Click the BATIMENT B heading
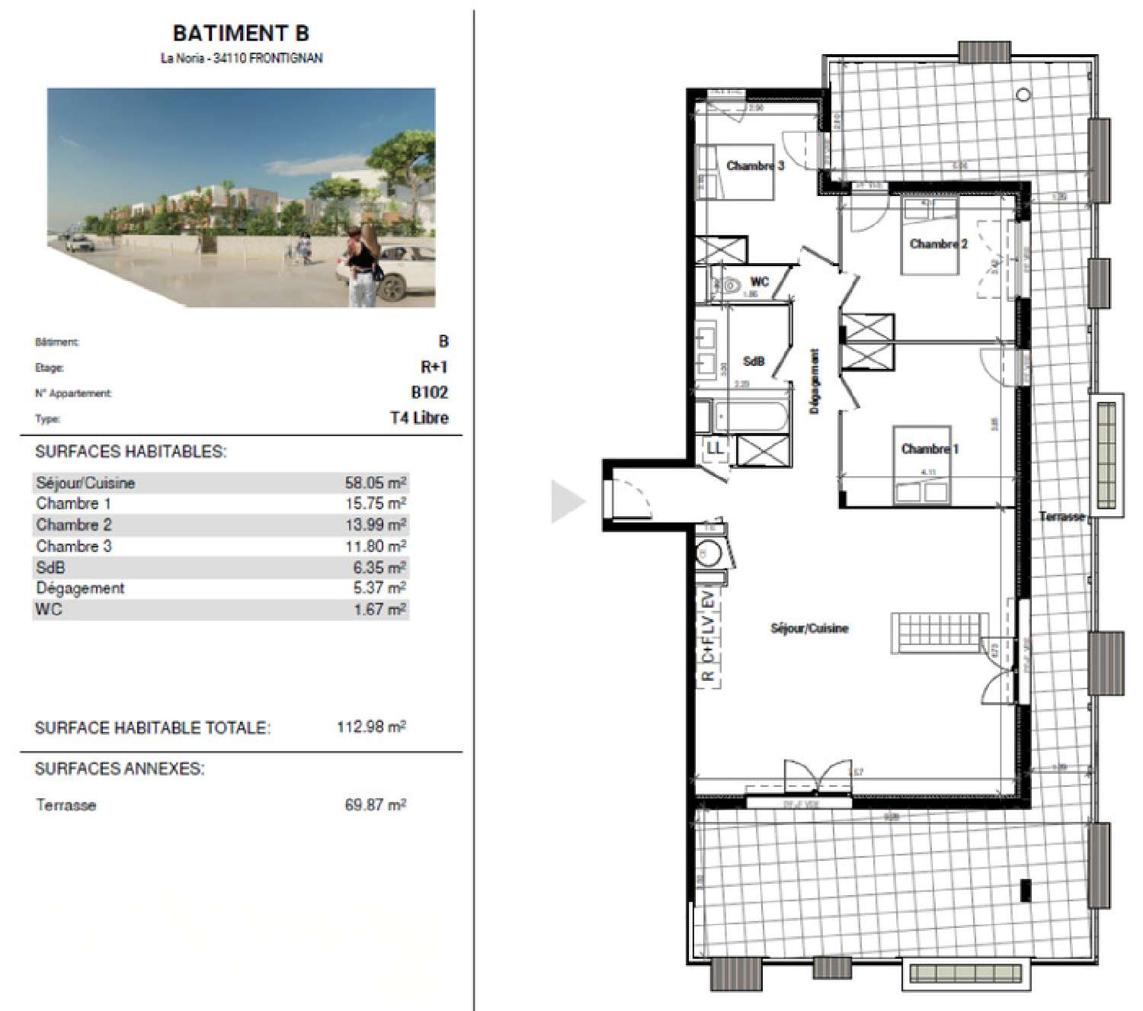point(241,34)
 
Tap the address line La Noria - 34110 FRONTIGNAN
point(241,58)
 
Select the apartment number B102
point(430,392)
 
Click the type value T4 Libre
point(419,418)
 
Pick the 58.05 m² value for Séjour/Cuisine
point(375,483)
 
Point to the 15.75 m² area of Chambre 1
point(375,503)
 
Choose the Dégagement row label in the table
point(80,588)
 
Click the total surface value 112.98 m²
point(371,727)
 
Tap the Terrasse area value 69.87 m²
point(375,804)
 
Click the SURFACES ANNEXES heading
point(120,769)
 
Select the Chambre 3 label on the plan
point(754,165)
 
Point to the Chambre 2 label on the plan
point(938,244)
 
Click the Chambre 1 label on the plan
point(930,448)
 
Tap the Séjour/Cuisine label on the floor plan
point(809,628)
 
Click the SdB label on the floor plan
point(753,361)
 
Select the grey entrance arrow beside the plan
point(568,502)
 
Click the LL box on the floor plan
point(715,449)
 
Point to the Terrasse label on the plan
point(1061,516)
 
